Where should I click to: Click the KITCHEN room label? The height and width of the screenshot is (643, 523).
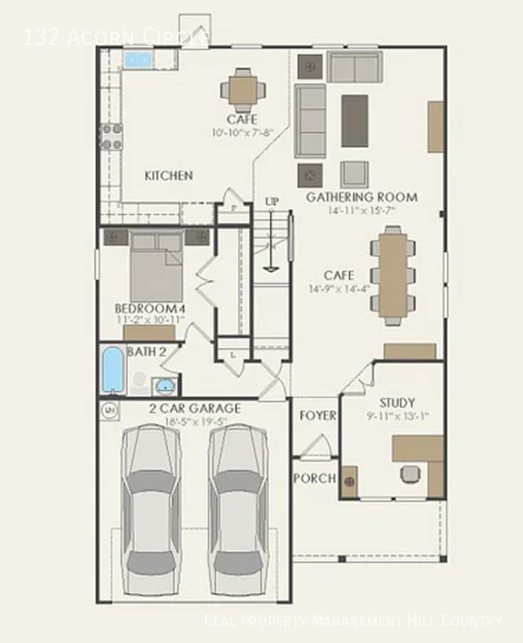[x=168, y=175]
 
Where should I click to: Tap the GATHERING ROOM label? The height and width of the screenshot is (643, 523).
[x=362, y=197]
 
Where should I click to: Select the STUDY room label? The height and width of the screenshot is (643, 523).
[x=397, y=402]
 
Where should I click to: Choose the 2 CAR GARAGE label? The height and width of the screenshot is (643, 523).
[x=194, y=409]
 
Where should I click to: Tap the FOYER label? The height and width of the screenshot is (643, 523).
[x=318, y=415]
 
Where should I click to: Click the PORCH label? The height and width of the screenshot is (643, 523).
[x=315, y=478]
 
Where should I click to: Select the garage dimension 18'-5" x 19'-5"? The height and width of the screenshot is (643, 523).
[x=194, y=422]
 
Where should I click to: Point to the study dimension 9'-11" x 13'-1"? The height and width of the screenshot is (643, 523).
[x=397, y=415]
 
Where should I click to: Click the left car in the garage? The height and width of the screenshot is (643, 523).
[x=151, y=509]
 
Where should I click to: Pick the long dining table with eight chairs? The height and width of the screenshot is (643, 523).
[x=392, y=275]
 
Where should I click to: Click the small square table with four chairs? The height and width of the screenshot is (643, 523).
[x=243, y=90]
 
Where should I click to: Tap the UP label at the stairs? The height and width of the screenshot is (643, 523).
[x=272, y=202]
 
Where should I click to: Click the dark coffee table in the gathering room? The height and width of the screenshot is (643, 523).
[x=355, y=120]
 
